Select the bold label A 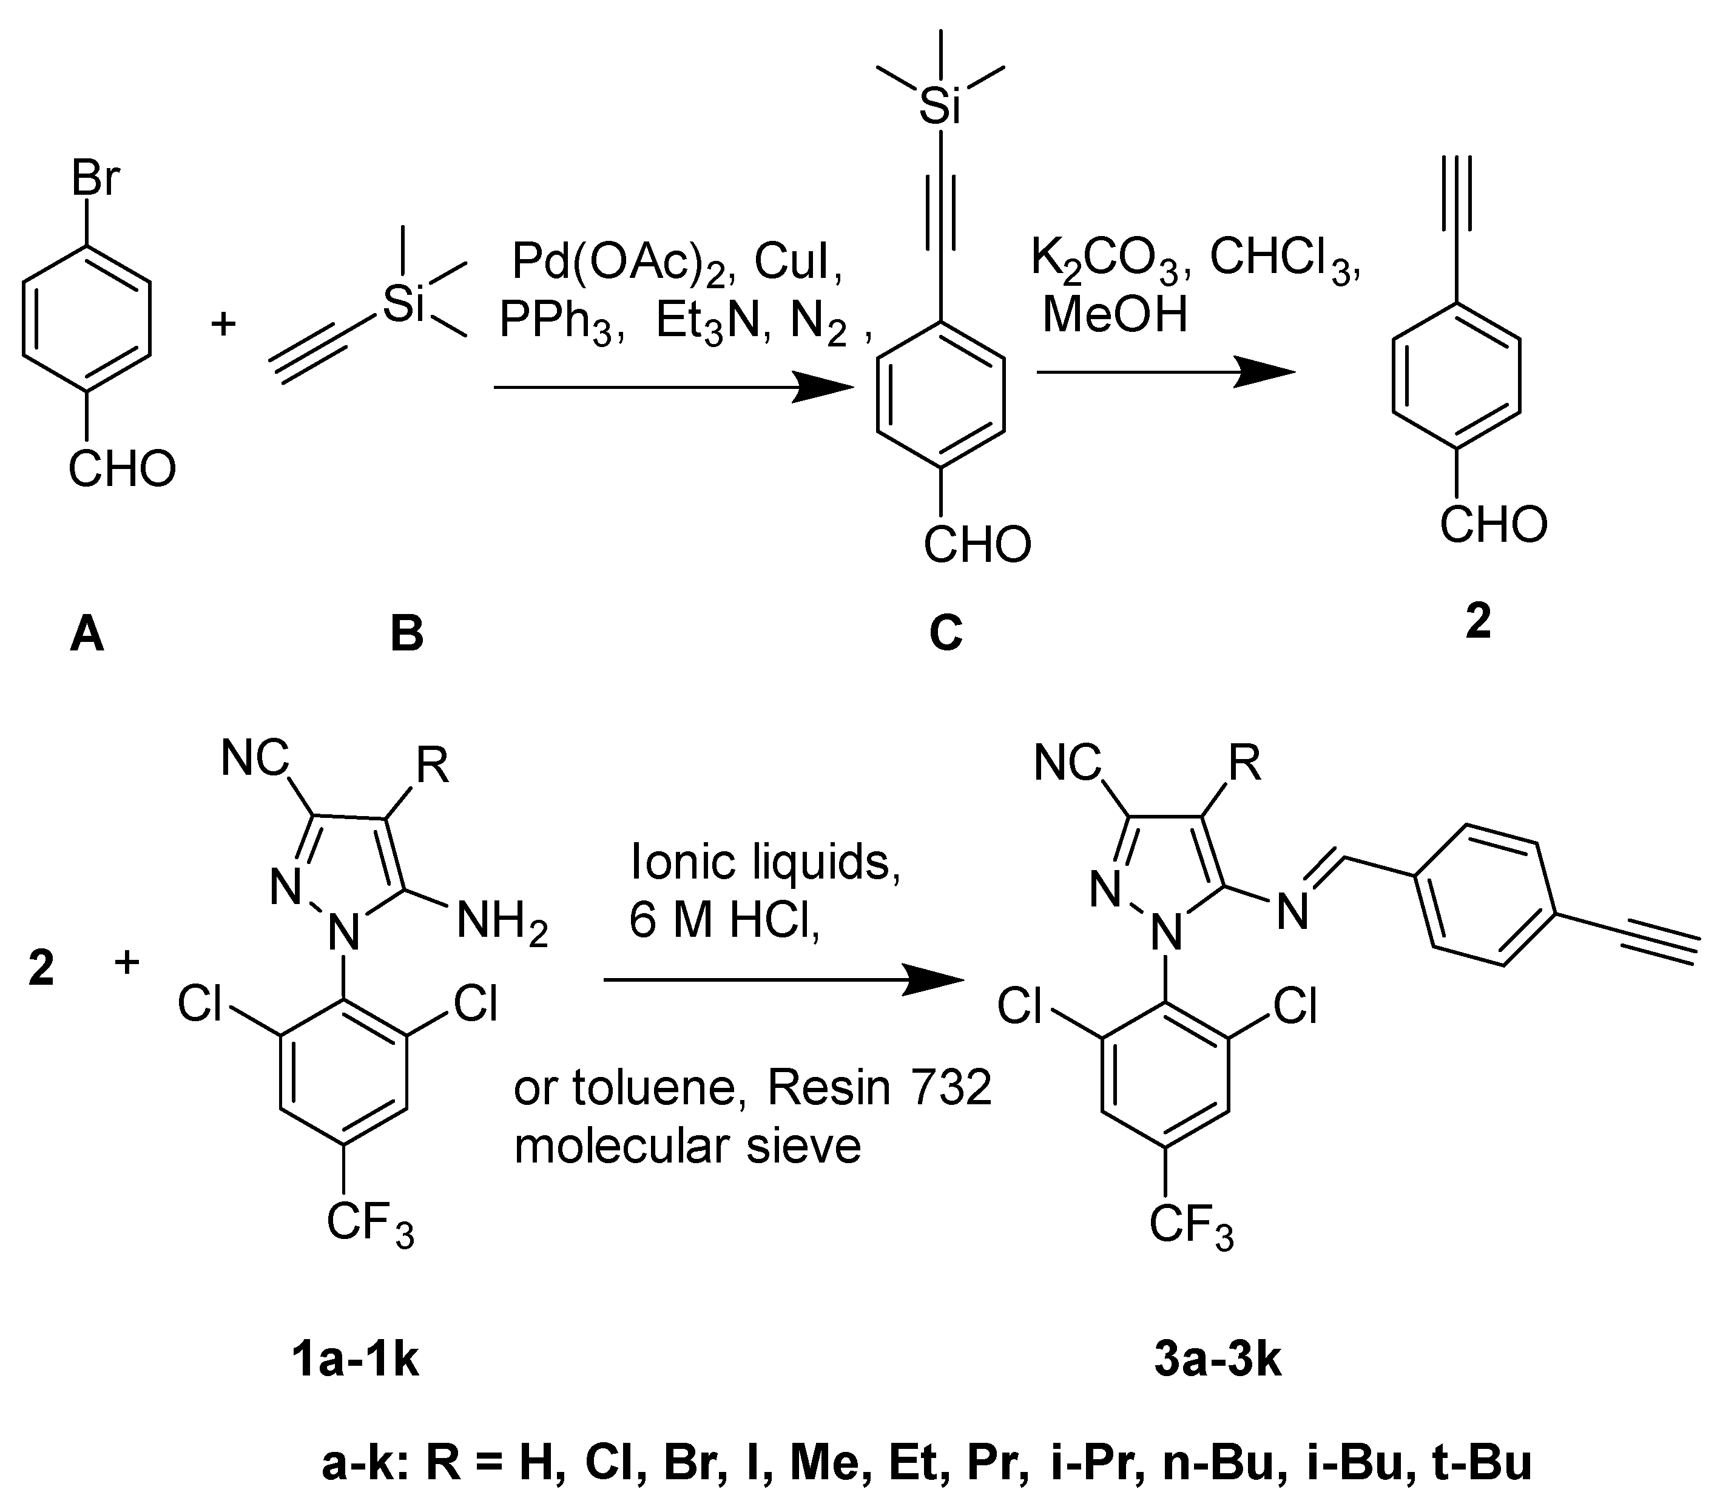[87, 633]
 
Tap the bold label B [406, 633]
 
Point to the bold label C [945, 633]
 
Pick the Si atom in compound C [940, 107]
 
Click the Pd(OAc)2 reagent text [619, 263]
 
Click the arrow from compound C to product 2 [1165, 372]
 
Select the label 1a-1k [354, 1360]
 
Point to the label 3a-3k [1218, 1360]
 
